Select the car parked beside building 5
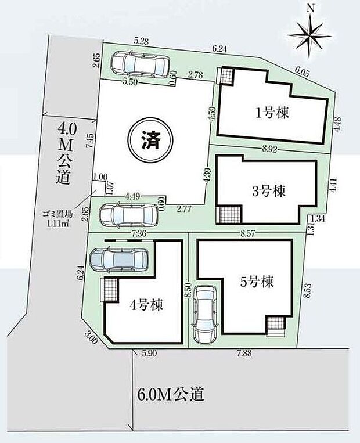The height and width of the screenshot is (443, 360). point(206,314)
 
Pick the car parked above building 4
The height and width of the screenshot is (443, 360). point(120,258)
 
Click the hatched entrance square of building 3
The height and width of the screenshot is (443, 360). point(228,215)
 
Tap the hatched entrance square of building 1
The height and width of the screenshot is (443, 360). point(225,75)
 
